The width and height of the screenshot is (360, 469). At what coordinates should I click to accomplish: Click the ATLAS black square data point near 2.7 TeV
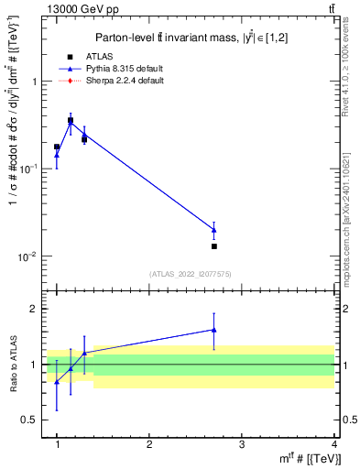pos(214,246)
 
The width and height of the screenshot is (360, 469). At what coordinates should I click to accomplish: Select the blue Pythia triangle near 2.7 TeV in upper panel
pos(214,230)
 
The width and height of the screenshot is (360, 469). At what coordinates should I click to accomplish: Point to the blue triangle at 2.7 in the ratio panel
pos(214,330)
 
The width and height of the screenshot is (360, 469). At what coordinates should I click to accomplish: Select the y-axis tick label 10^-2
pos(28,256)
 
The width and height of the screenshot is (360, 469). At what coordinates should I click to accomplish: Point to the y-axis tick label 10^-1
pos(28,169)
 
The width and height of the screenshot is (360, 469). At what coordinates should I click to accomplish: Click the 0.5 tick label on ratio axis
pos(29,420)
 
